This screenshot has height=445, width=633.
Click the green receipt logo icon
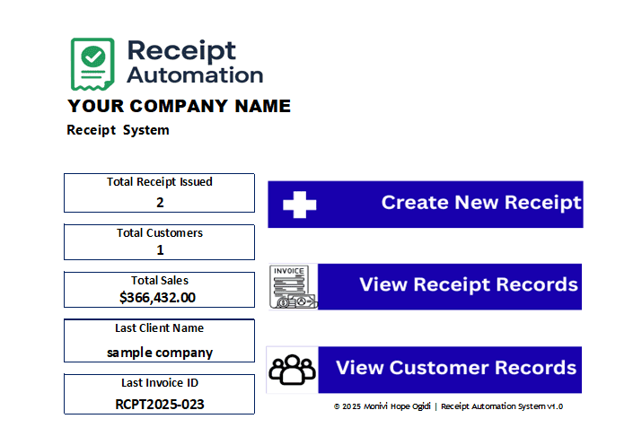[92, 64]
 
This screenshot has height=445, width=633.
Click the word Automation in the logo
[195, 75]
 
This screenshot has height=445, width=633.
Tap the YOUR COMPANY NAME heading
[180, 106]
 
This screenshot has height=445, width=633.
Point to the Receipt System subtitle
[118, 130]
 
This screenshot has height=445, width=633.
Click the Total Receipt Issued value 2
[160, 202]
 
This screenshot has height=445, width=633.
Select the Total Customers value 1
[160, 250]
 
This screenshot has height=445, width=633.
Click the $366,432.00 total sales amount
[157, 297]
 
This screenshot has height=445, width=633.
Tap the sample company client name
[160, 353]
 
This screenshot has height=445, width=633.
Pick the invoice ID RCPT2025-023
[160, 405]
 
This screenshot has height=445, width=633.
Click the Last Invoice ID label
[160, 382]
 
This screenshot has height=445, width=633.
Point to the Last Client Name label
[160, 328]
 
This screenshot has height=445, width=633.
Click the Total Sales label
[160, 281]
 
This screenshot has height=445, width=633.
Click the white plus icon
[300, 205]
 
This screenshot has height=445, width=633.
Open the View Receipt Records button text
[469, 284]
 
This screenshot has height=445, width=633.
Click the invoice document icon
[293, 287]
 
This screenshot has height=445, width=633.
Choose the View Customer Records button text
[456, 368]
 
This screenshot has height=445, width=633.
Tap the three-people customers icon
[293, 369]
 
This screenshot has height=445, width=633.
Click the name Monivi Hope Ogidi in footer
[397, 406]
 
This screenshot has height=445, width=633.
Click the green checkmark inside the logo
[93, 57]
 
